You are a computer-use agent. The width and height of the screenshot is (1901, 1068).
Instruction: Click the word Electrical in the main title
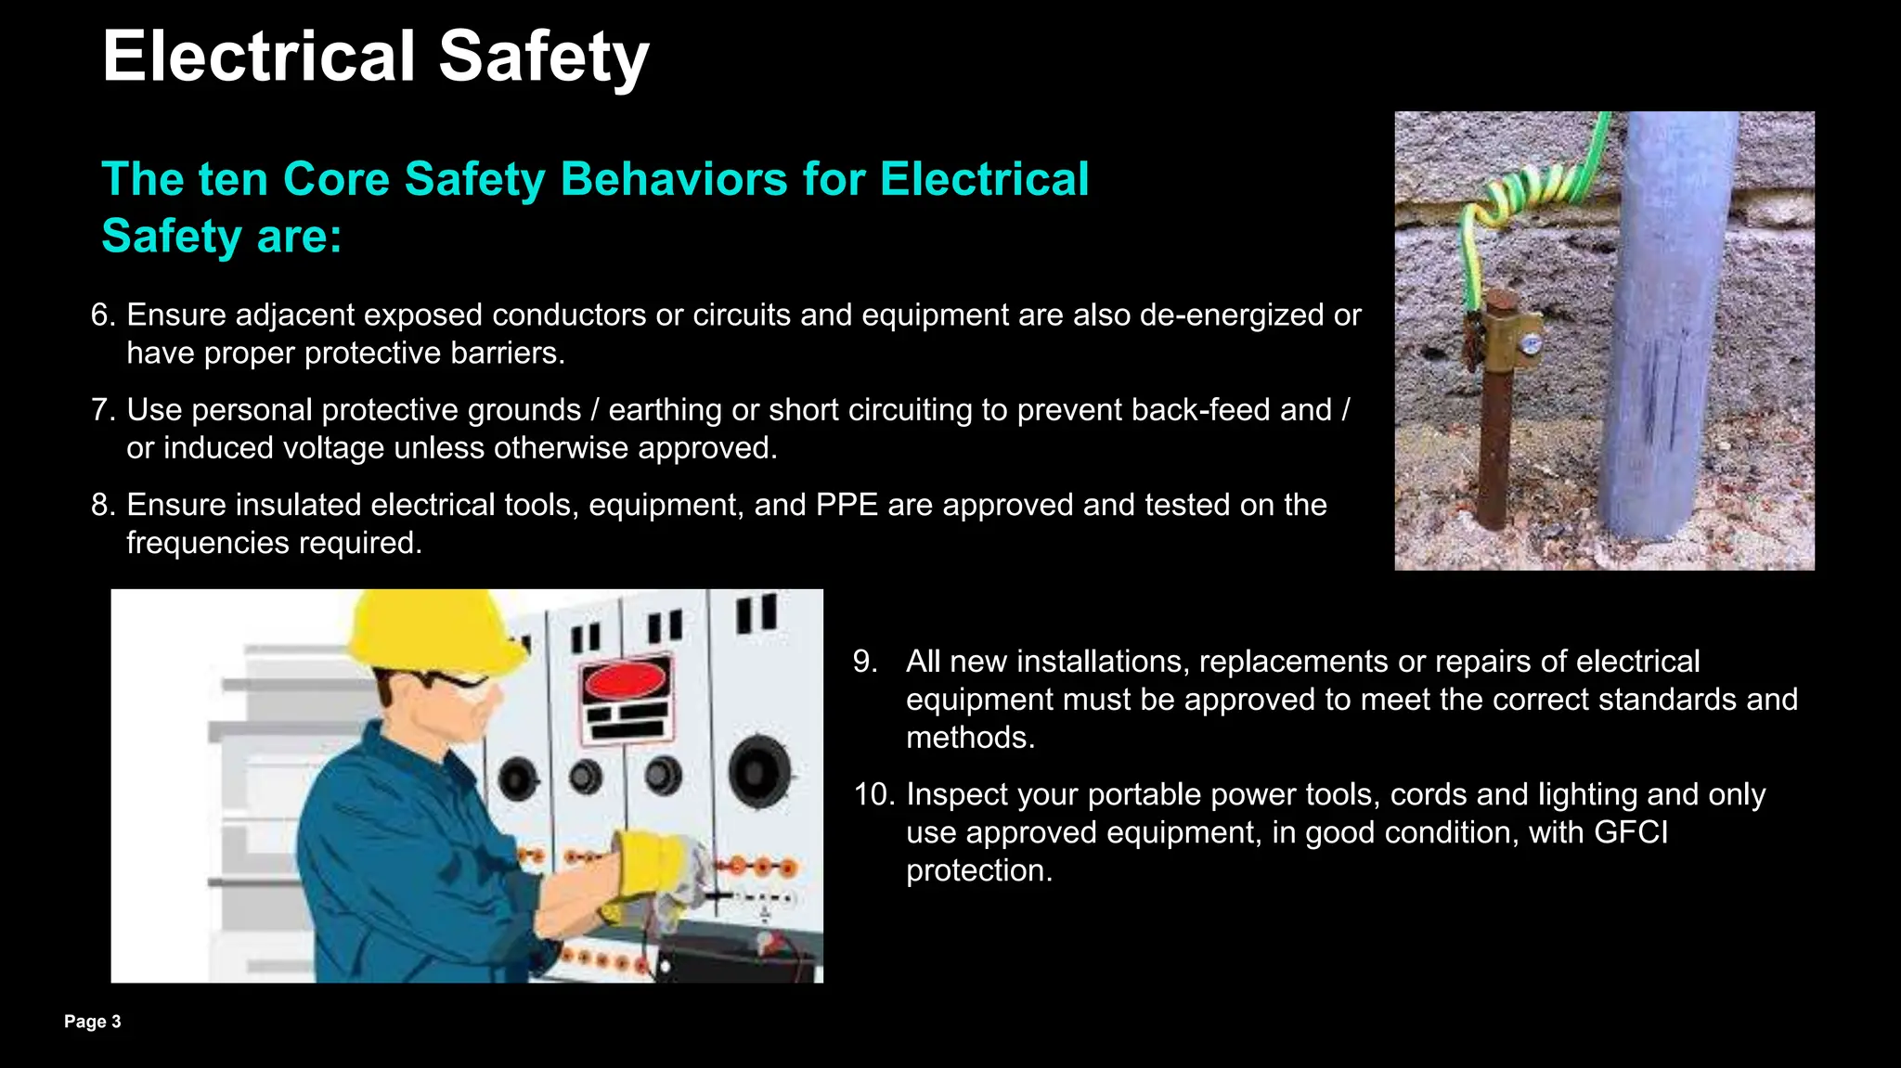pyautogui.click(x=258, y=57)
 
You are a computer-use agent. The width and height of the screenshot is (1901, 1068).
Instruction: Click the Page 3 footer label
pyautogui.click(x=92, y=1022)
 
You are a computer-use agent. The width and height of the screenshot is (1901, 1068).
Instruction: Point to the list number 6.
pyautogui.click(x=102, y=315)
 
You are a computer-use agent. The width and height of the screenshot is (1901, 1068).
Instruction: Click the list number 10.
pyautogui.click(x=873, y=795)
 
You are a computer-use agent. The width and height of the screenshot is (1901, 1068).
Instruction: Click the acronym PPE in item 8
pyautogui.click(x=847, y=505)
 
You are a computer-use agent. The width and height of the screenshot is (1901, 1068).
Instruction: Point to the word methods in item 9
pyautogui.click(x=969, y=738)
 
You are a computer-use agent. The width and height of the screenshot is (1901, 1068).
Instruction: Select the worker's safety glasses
pyautogui.click(x=455, y=684)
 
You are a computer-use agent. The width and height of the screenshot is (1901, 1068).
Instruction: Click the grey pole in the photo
pyautogui.click(x=1666, y=325)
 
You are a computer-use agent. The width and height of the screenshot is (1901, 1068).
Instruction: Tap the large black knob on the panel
pyautogui.click(x=759, y=770)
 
